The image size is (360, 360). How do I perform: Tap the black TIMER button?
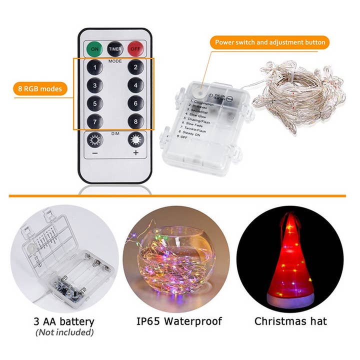point(115,49)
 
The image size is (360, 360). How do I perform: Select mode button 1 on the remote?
point(94,67)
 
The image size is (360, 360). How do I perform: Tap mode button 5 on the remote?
point(94,104)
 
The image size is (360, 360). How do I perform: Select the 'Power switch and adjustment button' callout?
point(270,42)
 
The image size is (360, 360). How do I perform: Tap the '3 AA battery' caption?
point(64,321)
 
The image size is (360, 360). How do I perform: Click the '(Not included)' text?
point(64,332)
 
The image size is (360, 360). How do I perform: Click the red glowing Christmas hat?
point(290,260)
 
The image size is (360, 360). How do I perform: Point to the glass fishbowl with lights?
point(176,260)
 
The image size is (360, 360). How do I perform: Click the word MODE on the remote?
point(115,60)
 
